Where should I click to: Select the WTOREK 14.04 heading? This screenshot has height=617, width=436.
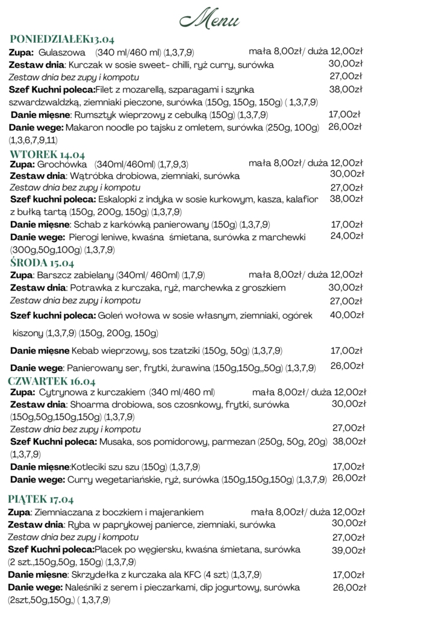pos(48,154)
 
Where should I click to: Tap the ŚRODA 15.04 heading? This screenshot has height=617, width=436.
pos(42,263)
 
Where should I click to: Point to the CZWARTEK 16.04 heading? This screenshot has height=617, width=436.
pos(52,381)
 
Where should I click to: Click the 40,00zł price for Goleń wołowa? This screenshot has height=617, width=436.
pos(347,315)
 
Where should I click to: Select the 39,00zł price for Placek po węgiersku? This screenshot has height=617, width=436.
pos(349,550)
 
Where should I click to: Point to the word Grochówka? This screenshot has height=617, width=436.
pos(62,164)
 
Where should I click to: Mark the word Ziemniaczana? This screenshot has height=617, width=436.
pos(66,512)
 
